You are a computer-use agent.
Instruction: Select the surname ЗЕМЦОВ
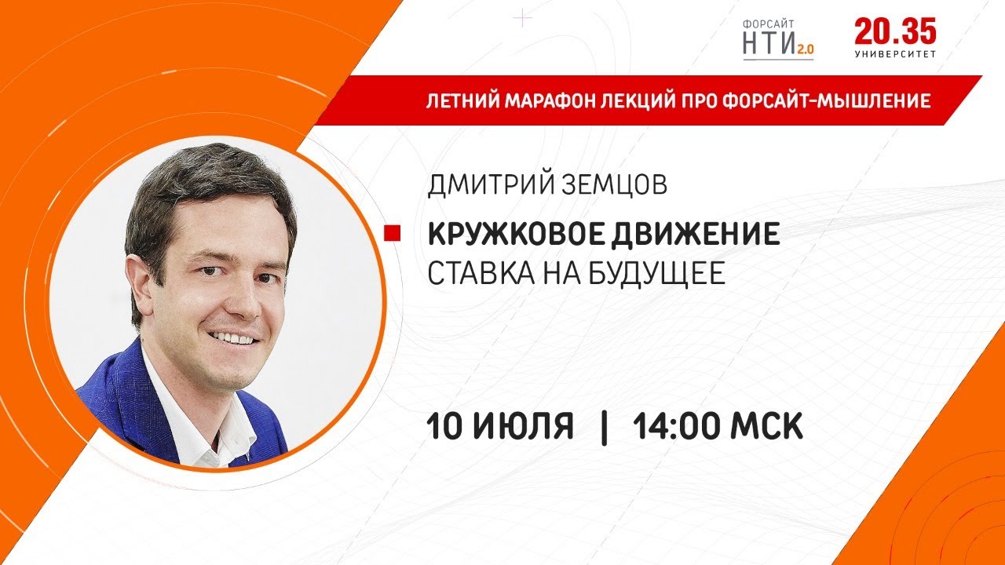coord(614,184)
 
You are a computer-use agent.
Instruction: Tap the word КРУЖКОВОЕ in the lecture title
coord(516,234)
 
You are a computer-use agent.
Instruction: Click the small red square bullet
coord(392,234)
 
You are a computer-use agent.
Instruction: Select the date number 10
coord(444,425)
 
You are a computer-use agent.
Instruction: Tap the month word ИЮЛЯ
coord(523,425)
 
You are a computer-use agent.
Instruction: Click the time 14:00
coord(677,425)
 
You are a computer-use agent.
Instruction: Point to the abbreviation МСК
coord(766,425)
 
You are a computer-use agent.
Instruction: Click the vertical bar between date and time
coord(604,427)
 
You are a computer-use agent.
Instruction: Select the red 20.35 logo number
coord(895,32)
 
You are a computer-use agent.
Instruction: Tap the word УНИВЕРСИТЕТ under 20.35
coord(895,54)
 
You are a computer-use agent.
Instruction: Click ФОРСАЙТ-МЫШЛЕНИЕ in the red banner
coord(826,101)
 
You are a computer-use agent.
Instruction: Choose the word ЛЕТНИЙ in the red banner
coord(462,101)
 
